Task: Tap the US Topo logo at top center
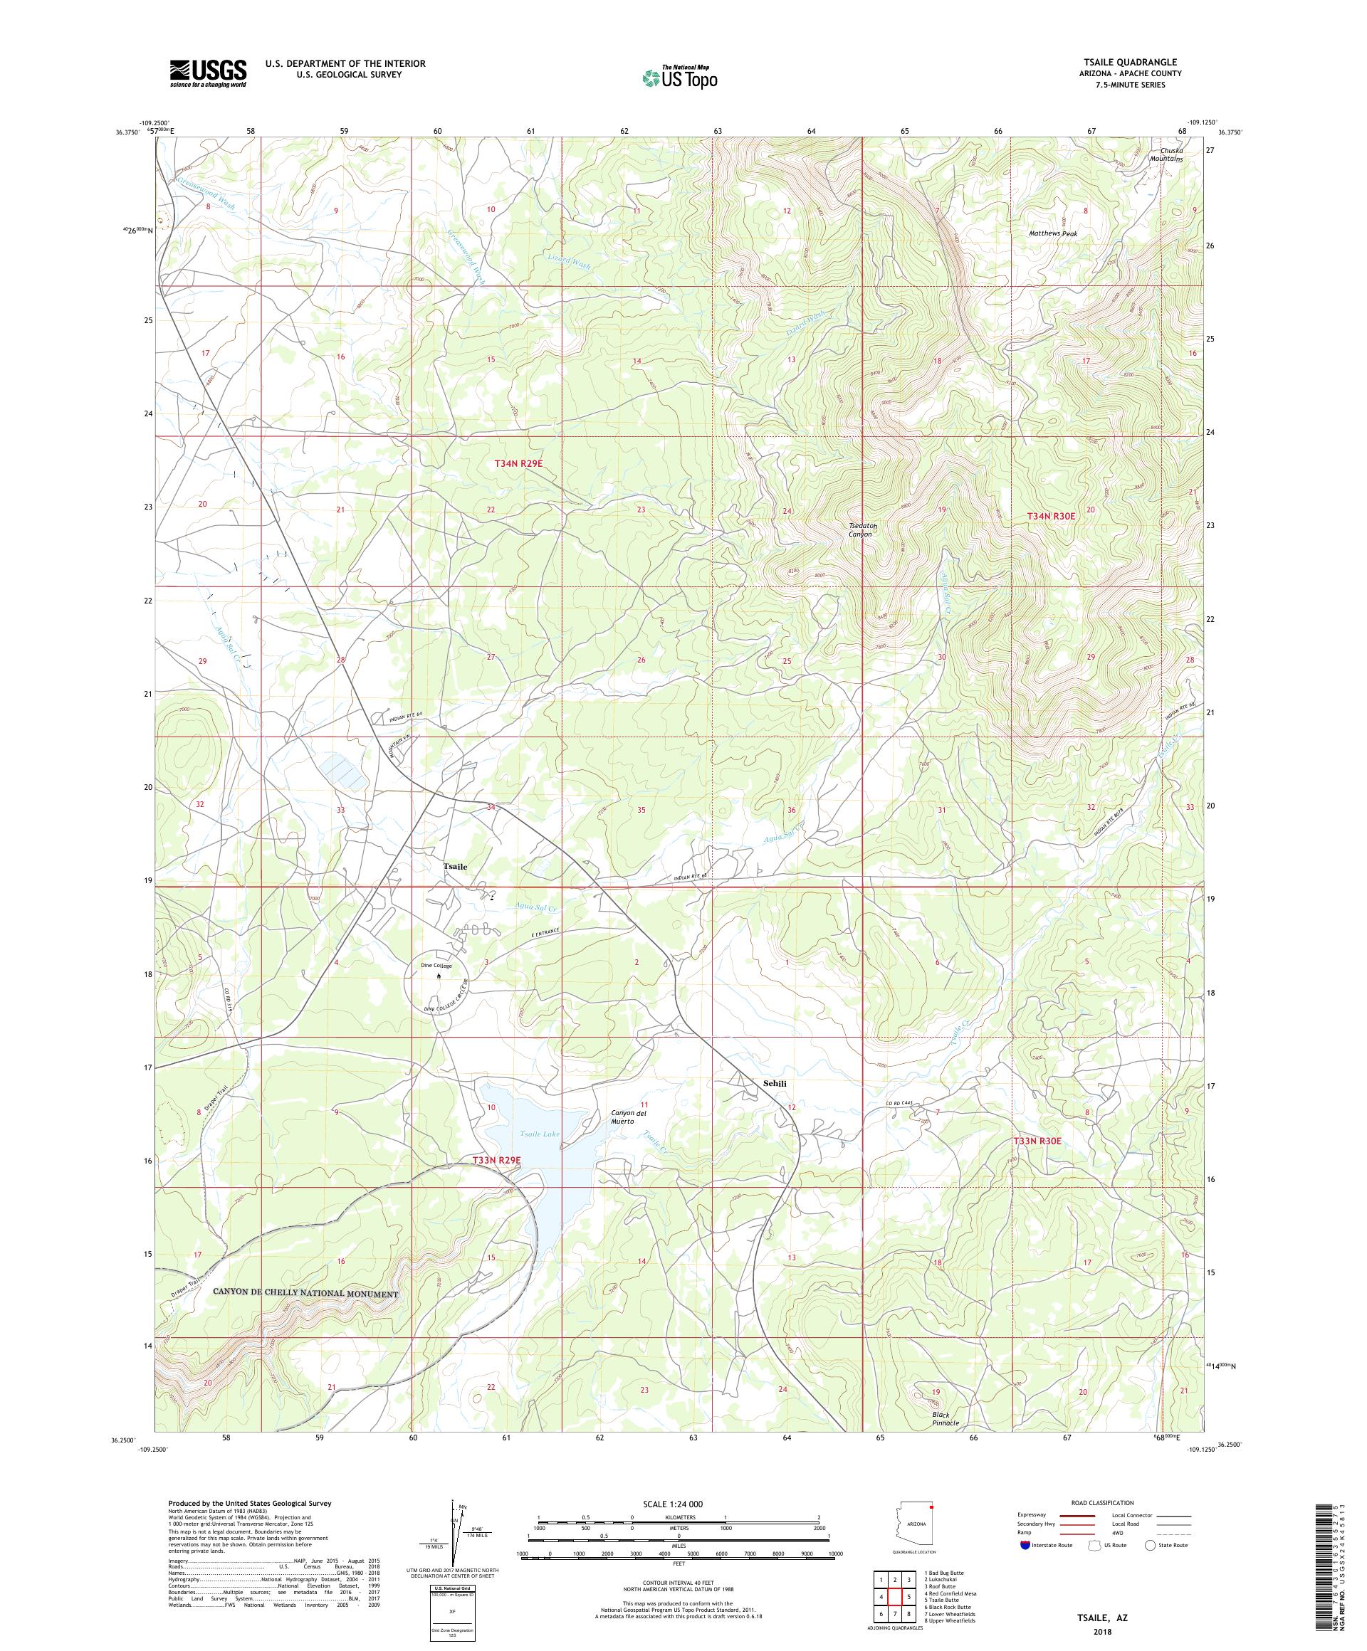pyautogui.click(x=681, y=77)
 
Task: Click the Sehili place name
pyautogui.click(x=774, y=1083)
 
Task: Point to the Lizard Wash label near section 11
pyautogui.click(x=570, y=265)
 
